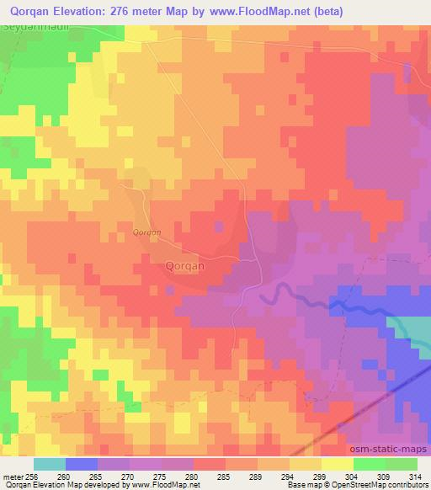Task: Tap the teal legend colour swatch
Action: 50,464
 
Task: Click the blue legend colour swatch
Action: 82,464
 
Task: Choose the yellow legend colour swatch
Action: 338,464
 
